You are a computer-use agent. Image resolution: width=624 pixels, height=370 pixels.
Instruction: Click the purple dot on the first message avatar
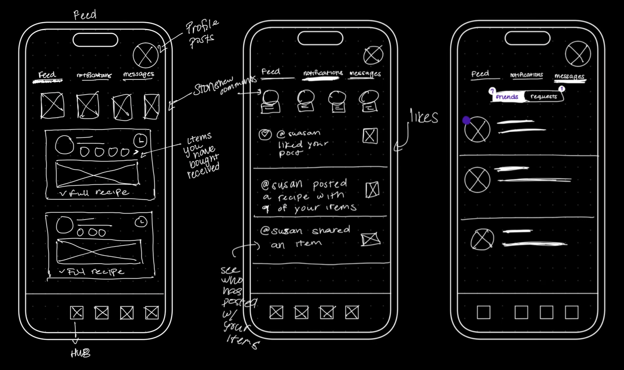point(466,120)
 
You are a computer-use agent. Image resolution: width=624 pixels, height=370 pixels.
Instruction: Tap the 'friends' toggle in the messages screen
point(507,96)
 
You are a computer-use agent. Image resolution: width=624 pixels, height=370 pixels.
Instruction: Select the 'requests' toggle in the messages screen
point(544,96)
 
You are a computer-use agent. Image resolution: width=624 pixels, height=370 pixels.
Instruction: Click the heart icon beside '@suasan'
point(265,134)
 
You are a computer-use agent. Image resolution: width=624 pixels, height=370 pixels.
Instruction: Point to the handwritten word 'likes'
point(424,117)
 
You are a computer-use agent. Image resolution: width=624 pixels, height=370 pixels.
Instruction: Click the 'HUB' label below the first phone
point(80,354)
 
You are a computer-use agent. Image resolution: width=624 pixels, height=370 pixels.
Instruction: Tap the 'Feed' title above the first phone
point(85,15)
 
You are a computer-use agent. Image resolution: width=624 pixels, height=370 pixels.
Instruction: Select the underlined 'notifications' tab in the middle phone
point(323,73)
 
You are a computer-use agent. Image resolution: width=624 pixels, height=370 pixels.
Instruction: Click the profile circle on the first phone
point(145,55)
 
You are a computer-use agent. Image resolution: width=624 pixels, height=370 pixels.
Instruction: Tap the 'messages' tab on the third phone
point(569,76)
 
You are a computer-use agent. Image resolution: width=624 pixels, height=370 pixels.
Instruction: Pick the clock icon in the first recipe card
point(140,141)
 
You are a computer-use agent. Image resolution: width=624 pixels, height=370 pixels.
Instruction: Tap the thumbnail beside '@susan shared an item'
point(370,239)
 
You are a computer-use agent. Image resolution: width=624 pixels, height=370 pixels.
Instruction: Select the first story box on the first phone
point(52,105)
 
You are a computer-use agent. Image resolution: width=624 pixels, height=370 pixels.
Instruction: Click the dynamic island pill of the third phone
point(527,38)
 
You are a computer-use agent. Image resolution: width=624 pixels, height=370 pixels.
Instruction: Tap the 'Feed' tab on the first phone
point(47,75)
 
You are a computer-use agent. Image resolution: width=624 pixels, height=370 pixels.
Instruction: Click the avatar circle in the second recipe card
point(65,225)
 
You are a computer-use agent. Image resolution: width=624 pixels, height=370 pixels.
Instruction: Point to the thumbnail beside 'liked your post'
point(370,136)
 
